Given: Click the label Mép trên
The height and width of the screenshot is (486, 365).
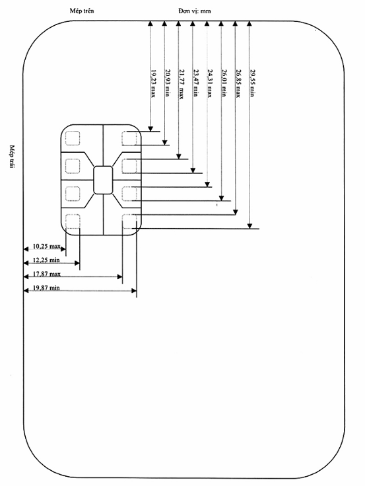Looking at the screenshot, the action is (82, 11).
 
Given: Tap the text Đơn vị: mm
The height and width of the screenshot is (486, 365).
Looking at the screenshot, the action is (195, 11).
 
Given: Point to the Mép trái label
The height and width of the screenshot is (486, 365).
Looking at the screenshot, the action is (12, 157).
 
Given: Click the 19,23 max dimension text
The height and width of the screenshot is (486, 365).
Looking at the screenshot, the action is (153, 83).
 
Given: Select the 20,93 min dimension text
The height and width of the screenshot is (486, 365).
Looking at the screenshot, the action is (168, 83).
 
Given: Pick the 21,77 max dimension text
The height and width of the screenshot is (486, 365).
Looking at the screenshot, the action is (182, 84).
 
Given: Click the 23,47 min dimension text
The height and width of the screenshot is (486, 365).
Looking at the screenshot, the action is (196, 83).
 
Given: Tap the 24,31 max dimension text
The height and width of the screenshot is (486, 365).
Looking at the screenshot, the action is (210, 83).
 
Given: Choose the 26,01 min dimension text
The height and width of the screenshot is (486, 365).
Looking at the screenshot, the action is (224, 83).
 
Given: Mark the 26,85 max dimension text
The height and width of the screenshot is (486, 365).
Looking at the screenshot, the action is (238, 83).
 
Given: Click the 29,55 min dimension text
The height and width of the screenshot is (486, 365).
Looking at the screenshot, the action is (252, 83).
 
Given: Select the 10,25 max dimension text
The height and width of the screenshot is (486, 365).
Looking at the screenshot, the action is (47, 247).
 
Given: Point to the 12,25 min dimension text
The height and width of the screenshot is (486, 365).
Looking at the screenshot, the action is (46, 260).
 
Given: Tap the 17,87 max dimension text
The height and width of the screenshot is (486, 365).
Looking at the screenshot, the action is (47, 274).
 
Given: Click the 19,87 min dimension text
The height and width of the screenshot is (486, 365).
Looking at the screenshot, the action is (46, 288).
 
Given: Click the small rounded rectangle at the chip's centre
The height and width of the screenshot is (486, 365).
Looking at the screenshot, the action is (103, 180).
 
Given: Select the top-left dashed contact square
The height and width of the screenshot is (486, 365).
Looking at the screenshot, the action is (73, 138).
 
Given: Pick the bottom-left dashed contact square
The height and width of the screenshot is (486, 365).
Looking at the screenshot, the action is (73, 222).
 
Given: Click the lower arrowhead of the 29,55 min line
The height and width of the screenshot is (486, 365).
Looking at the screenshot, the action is (250, 226).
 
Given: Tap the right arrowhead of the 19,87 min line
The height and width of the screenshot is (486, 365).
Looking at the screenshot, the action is (134, 291).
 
